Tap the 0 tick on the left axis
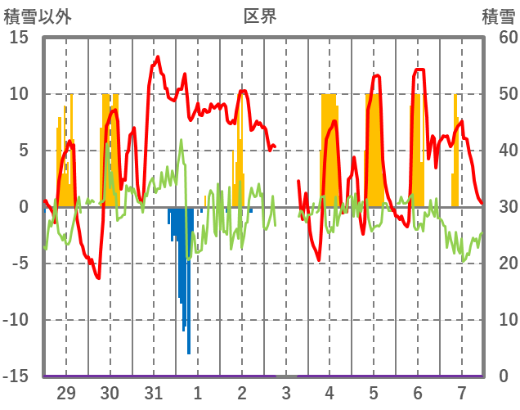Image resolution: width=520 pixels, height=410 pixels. point(24,207)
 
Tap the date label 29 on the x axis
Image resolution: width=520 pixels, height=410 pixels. point(65,393)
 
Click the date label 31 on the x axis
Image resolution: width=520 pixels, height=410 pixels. point(154,393)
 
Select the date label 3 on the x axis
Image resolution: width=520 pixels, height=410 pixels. point(286,393)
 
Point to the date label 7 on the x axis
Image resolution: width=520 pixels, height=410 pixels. point(462,393)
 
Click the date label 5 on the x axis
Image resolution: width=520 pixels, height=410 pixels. point(374,393)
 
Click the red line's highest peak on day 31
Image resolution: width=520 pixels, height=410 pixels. point(158,56)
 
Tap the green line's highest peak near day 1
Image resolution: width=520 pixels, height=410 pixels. point(182,140)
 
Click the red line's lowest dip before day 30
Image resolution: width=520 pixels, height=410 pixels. point(99,278)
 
